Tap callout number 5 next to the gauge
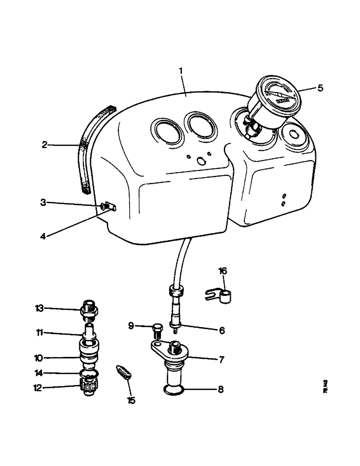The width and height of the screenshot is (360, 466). (320, 88)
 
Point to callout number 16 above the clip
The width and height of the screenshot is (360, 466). (223, 272)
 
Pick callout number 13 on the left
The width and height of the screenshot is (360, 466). (39, 308)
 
